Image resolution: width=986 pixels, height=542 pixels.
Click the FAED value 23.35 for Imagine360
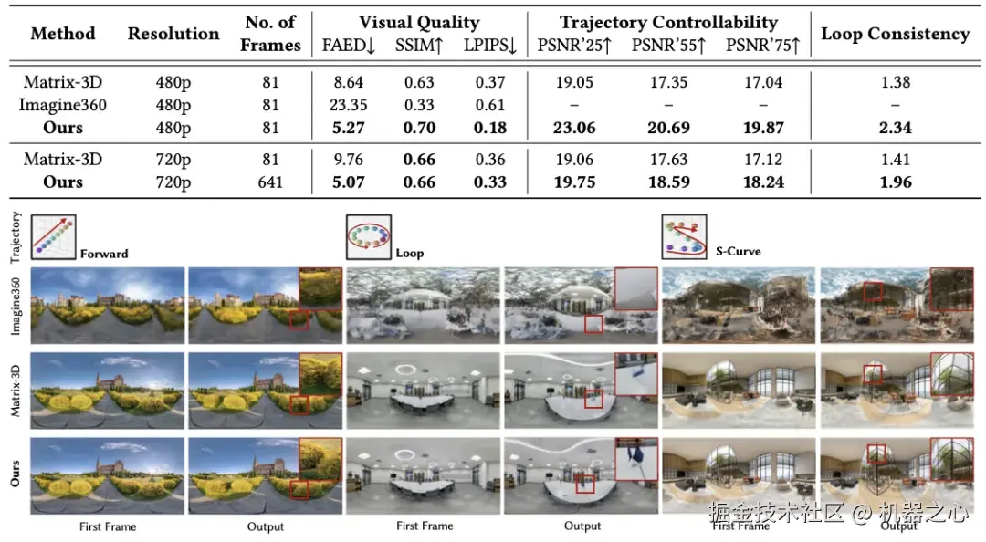tap(349, 105)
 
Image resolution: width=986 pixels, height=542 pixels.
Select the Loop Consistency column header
tap(895, 35)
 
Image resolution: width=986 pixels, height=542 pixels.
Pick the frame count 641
tap(270, 182)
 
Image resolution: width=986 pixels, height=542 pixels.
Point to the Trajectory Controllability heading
tap(668, 23)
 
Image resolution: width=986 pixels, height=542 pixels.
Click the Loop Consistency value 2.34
tap(896, 128)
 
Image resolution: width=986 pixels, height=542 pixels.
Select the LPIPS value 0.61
tap(489, 105)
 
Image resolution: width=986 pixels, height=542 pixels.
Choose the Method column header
tap(63, 35)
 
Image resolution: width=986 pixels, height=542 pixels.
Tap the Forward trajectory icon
tap(54, 237)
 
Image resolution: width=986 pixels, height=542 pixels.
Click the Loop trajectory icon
tap(369, 237)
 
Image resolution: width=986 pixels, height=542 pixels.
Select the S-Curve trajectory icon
tap(684, 237)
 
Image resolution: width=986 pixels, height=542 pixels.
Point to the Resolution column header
tap(173, 35)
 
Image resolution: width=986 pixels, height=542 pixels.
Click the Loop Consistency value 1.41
tap(896, 160)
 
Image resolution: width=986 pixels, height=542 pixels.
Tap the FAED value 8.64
tap(349, 82)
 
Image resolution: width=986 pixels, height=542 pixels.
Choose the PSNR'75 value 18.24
tap(763, 182)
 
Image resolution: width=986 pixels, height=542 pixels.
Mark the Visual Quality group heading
tap(419, 23)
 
